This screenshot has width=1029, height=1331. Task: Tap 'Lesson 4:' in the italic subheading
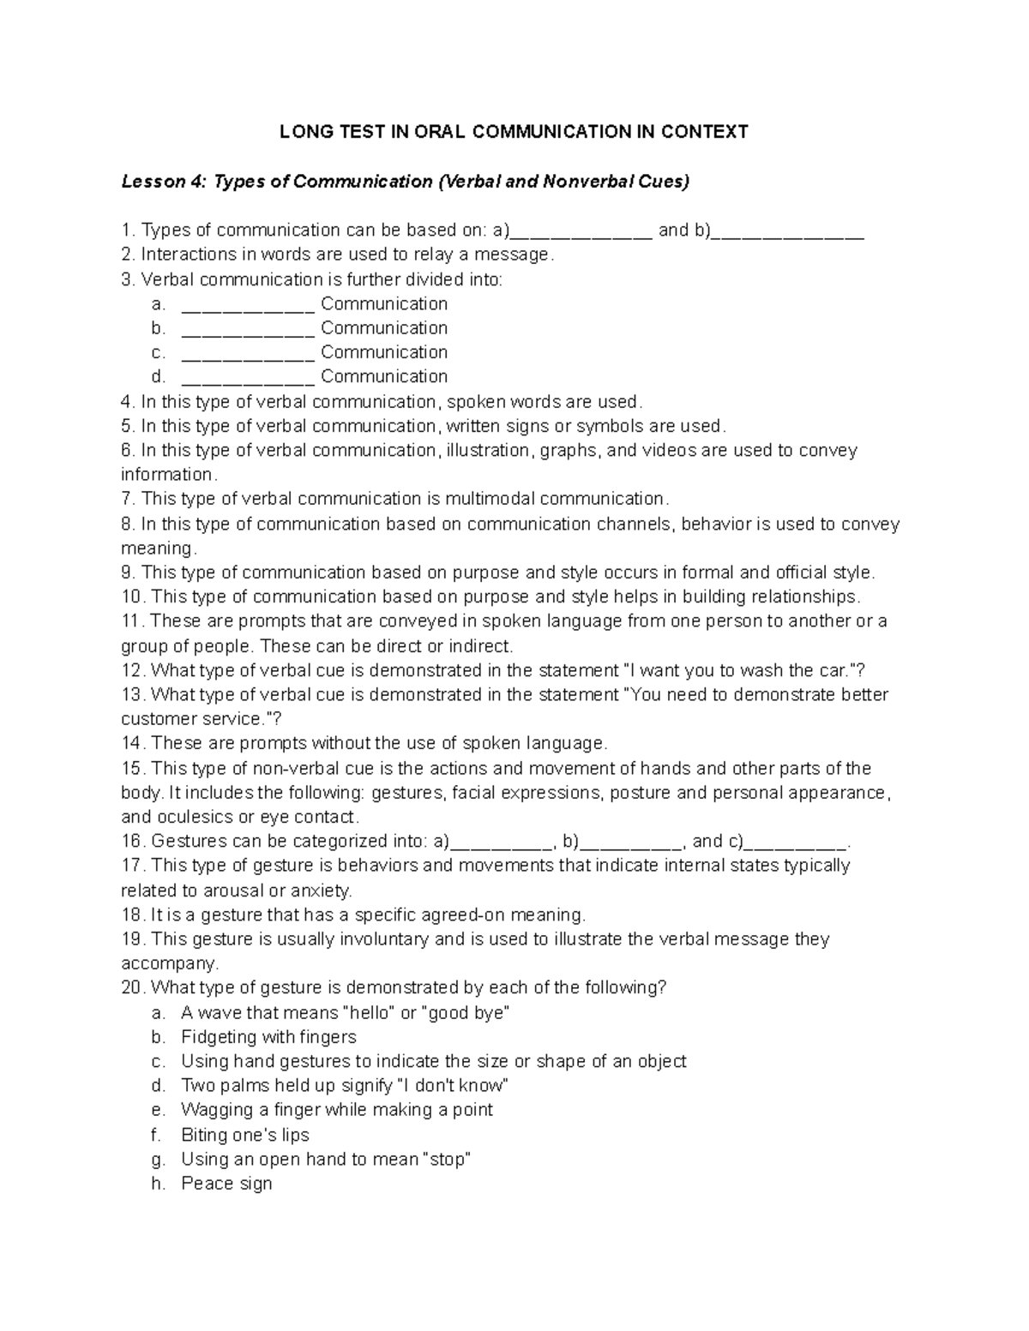(153, 181)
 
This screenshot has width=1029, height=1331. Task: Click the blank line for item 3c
(248, 353)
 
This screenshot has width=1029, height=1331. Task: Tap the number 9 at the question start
(127, 573)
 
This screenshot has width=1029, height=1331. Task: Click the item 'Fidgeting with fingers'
(268, 1037)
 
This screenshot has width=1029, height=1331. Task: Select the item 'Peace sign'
(226, 1184)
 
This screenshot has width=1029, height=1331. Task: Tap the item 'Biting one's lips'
(244, 1135)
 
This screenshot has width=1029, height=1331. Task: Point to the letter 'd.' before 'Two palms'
(158, 1086)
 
